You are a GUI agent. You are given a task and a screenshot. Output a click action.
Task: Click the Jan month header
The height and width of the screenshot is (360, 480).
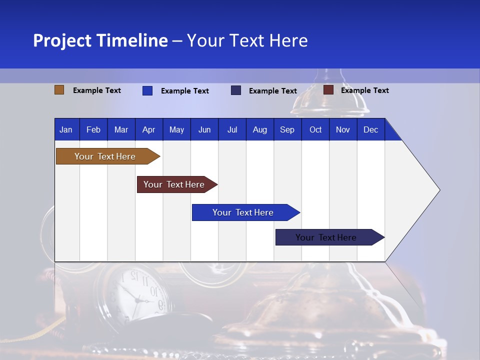(x=66, y=129)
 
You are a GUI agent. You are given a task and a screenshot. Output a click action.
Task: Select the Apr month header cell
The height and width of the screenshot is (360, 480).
(x=148, y=129)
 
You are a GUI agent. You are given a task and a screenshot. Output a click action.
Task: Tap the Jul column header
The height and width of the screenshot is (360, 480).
(x=232, y=129)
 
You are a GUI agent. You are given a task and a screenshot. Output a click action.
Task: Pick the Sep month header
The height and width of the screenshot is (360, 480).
(x=287, y=129)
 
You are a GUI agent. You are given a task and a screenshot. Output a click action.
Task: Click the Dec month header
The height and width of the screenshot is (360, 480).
(x=370, y=129)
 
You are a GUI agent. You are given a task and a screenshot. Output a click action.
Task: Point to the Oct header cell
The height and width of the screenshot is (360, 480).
(x=315, y=129)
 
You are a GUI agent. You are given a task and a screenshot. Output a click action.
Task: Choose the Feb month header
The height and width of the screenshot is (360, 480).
(x=93, y=129)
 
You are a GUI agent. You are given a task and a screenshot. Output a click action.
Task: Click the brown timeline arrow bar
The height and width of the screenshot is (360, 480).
(x=105, y=156)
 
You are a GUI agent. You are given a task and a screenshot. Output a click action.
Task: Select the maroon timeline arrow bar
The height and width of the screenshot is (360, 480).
(x=174, y=184)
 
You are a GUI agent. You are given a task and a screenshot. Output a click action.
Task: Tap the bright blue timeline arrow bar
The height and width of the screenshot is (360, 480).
(x=243, y=212)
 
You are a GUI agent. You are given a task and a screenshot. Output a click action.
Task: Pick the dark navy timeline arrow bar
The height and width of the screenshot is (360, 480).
(x=326, y=237)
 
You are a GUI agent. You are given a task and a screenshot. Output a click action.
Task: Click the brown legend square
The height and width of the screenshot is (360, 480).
(x=59, y=90)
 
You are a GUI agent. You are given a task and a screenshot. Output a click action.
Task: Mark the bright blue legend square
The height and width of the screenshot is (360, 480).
(x=147, y=90)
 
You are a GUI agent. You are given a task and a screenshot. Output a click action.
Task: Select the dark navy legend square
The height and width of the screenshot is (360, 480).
(x=236, y=90)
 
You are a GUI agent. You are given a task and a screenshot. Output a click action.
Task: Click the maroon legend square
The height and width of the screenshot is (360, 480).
(x=328, y=90)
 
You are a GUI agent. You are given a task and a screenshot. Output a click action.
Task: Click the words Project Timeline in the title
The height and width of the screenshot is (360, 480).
(x=100, y=40)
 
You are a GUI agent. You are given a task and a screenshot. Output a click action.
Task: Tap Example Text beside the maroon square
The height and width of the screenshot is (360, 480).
(x=364, y=90)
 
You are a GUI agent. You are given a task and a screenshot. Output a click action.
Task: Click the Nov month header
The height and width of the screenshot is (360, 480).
(x=343, y=129)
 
